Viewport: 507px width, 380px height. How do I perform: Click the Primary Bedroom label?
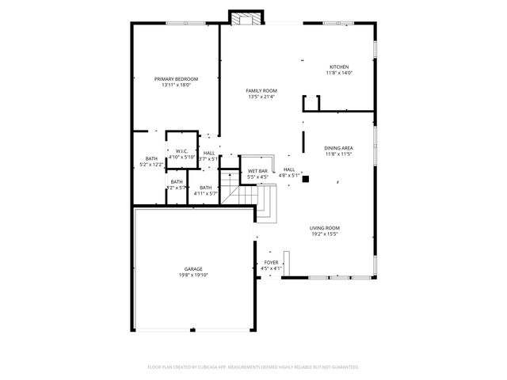176,79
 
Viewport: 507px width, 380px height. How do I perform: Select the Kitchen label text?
339,66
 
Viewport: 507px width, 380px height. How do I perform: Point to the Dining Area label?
338,148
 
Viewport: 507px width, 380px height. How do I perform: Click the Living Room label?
324,228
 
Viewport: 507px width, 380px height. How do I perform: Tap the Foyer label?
271,262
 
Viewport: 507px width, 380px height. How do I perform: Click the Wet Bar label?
257,170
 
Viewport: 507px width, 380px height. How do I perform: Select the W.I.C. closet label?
181,151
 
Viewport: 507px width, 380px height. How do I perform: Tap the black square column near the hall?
304,179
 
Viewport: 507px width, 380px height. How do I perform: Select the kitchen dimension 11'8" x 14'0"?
339,73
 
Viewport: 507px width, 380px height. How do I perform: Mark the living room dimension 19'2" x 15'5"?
324,234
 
